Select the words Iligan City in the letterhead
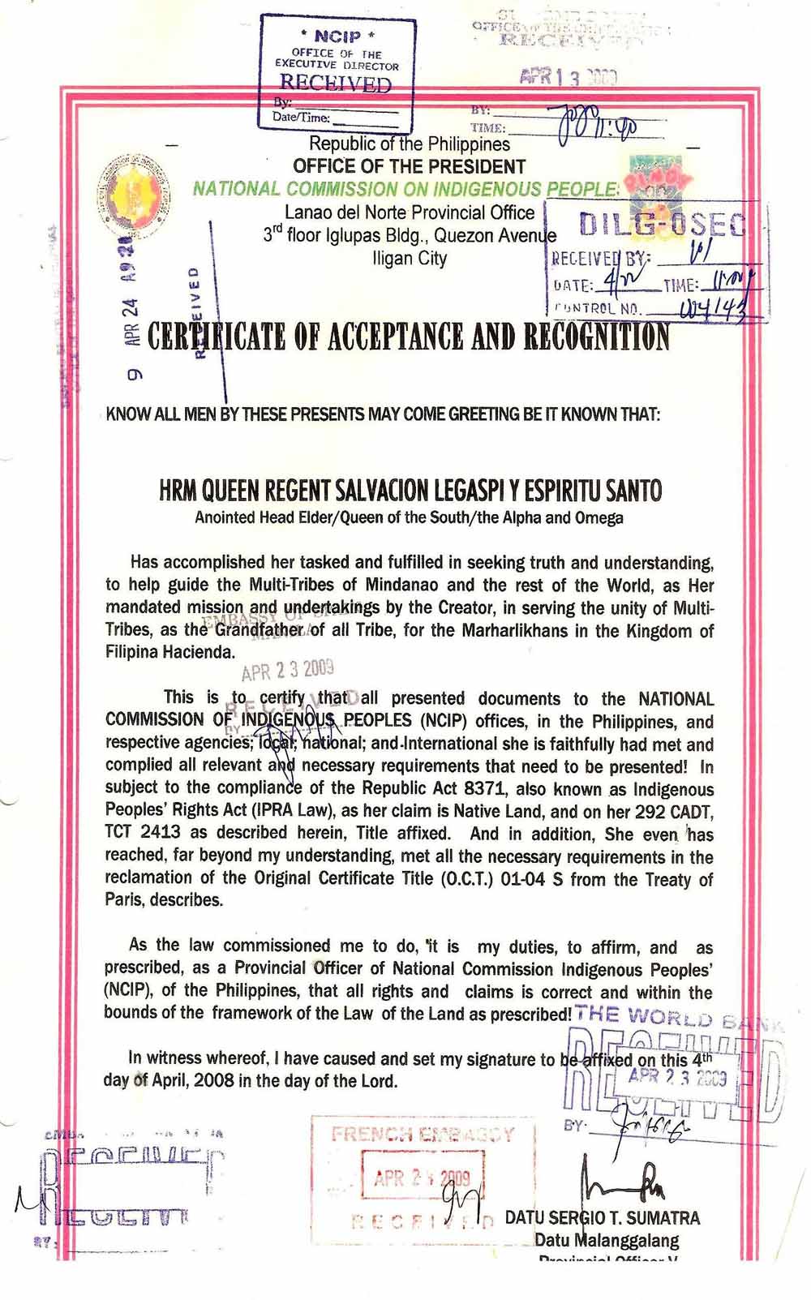tap(410, 258)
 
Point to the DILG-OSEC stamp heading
tap(661, 224)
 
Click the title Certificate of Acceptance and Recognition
tap(409, 337)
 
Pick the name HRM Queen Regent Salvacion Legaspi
tap(410, 490)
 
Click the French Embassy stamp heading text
tap(423, 1135)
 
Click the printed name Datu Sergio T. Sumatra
tap(602, 1217)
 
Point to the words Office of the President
tap(410, 167)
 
